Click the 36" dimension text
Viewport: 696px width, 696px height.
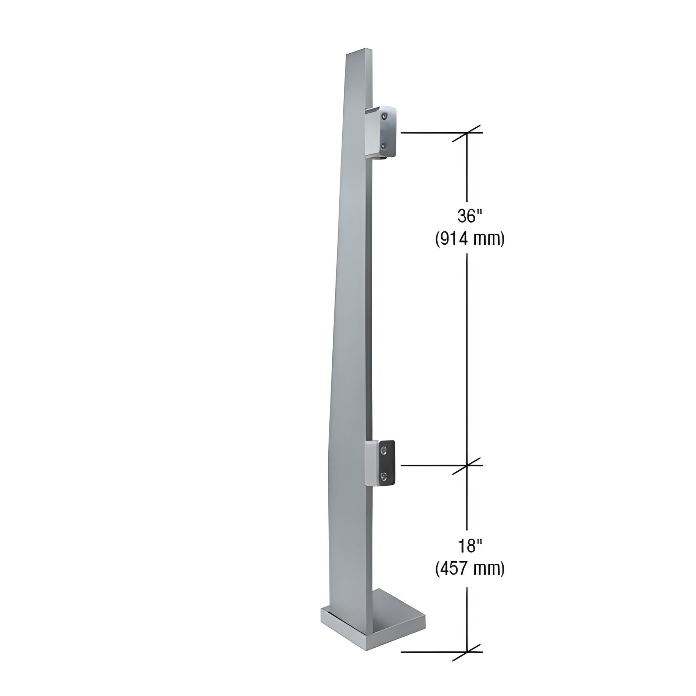point(469,216)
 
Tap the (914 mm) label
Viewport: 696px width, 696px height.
point(469,239)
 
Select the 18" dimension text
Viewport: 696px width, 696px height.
point(469,546)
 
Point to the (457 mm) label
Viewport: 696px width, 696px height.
point(469,569)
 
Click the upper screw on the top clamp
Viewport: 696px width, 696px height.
point(385,116)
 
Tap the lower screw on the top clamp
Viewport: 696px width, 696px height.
point(385,146)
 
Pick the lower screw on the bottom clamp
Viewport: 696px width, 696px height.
point(385,477)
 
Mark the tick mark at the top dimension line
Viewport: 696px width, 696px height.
point(467,133)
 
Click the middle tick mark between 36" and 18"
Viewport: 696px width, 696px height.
point(467,465)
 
